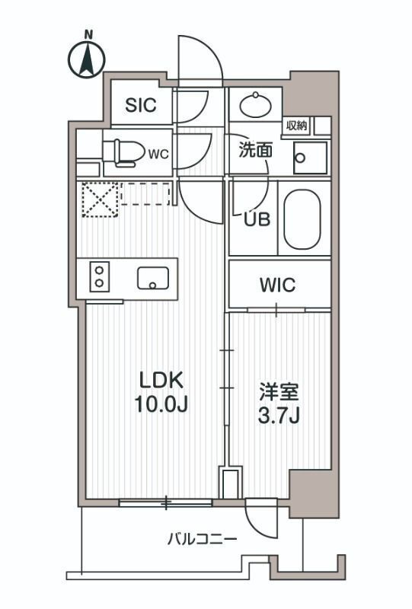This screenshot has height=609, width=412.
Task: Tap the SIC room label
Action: [141, 105]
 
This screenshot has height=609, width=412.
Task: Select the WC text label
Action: [158, 154]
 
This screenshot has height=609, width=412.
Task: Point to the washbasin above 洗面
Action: [254, 104]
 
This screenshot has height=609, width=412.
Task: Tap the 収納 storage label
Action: [297, 125]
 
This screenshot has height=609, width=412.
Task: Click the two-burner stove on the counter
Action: [99, 276]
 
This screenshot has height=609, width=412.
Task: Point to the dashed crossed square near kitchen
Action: [97, 200]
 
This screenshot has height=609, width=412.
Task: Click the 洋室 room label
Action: [279, 392]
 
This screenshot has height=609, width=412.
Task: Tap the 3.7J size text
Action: [279, 416]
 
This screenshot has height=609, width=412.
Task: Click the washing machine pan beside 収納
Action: [309, 157]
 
